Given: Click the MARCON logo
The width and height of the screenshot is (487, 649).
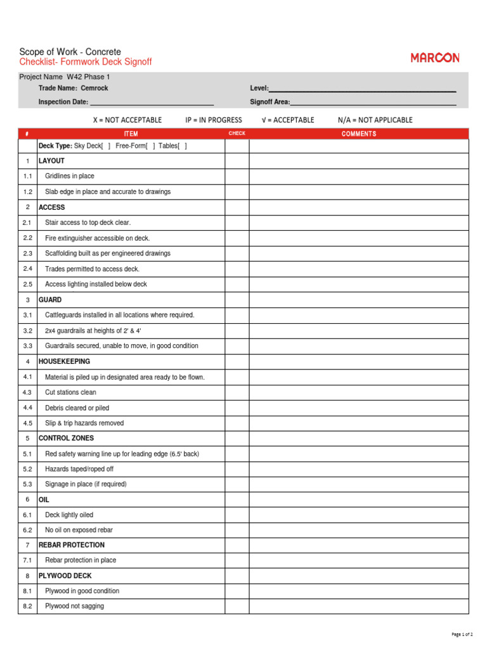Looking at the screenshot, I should [x=435, y=58].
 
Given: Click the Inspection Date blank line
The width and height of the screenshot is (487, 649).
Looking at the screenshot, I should [x=152, y=102].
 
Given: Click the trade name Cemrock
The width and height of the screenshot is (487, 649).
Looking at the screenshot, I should [x=94, y=89].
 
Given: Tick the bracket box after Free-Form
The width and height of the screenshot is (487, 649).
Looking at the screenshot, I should [x=151, y=146].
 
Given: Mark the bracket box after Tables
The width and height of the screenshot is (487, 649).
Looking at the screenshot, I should [x=183, y=146].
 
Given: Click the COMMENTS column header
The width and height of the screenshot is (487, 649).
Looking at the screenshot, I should [x=359, y=134].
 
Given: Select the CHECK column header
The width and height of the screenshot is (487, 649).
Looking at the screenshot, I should [x=237, y=134].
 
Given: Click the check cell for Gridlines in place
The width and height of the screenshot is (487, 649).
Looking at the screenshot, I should [x=237, y=176].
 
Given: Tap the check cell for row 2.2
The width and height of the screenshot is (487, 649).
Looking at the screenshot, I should [x=237, y=238].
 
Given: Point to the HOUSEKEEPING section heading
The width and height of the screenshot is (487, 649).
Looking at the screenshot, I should [x=64, y=361].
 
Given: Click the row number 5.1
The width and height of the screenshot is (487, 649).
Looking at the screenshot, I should [x=27, y=454].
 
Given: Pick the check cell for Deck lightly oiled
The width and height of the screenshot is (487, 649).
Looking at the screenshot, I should [x=237, y=515].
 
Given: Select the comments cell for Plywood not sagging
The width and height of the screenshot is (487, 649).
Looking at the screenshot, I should [x=359, y=607].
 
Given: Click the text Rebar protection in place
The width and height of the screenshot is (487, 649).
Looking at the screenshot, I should [x=81, y=560].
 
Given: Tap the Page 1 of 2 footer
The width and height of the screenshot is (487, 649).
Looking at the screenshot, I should [x=462, y=634].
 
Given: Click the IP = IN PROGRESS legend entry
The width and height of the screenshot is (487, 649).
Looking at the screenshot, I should [x=214, y=120].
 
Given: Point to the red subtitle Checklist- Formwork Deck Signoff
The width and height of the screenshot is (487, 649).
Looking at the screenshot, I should [x=86, y=62].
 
